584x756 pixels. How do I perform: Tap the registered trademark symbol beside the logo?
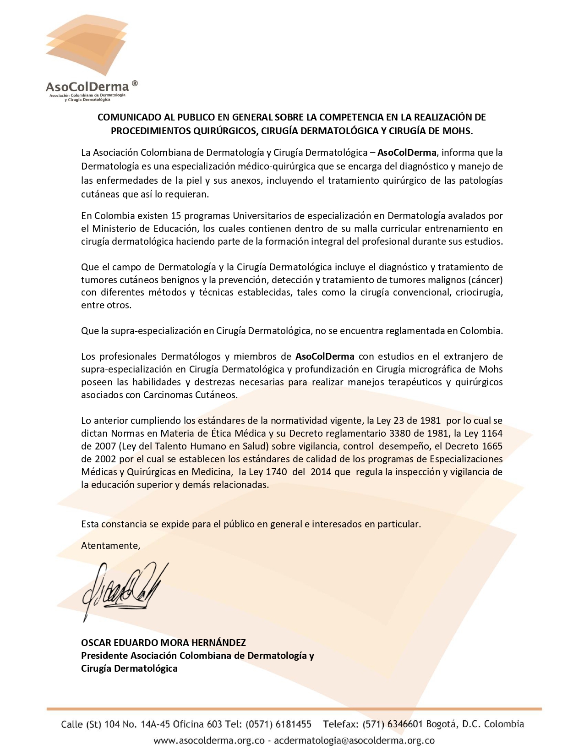point(134,83)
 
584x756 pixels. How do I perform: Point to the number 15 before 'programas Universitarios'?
point(176,216)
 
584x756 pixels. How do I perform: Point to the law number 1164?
point(491,433)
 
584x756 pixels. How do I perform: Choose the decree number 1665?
point(491,446)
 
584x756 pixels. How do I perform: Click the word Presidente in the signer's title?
point(104,656)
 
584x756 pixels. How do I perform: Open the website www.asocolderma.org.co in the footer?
point(209,740)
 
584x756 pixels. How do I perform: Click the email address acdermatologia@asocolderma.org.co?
point(354,740)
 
